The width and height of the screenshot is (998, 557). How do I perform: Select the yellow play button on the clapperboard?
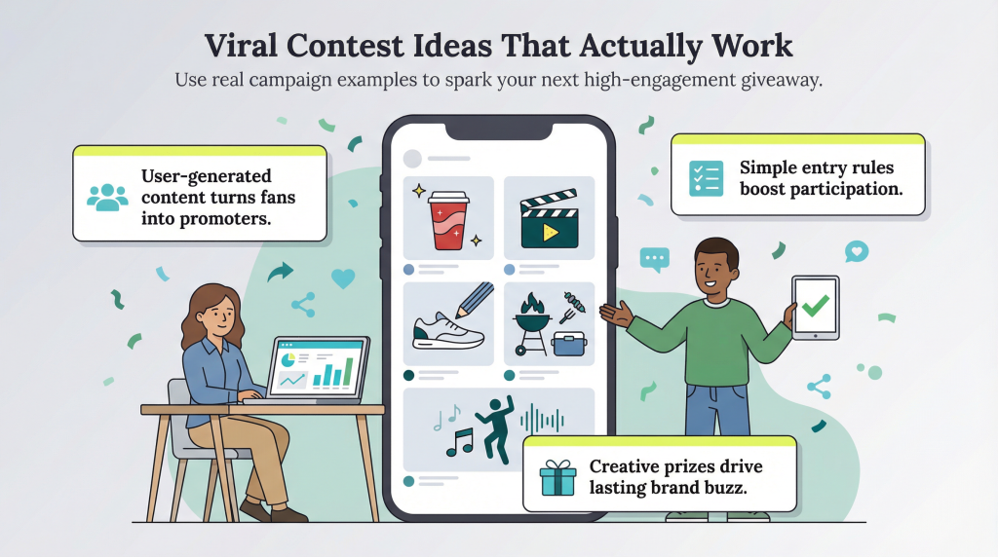point(549,232)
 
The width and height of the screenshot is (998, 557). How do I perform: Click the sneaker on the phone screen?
point(447,334)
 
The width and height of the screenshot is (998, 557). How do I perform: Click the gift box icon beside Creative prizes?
point(559,476)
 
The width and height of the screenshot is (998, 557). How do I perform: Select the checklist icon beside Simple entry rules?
point(706,178)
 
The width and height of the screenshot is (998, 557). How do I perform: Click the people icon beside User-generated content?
point(107,197)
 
